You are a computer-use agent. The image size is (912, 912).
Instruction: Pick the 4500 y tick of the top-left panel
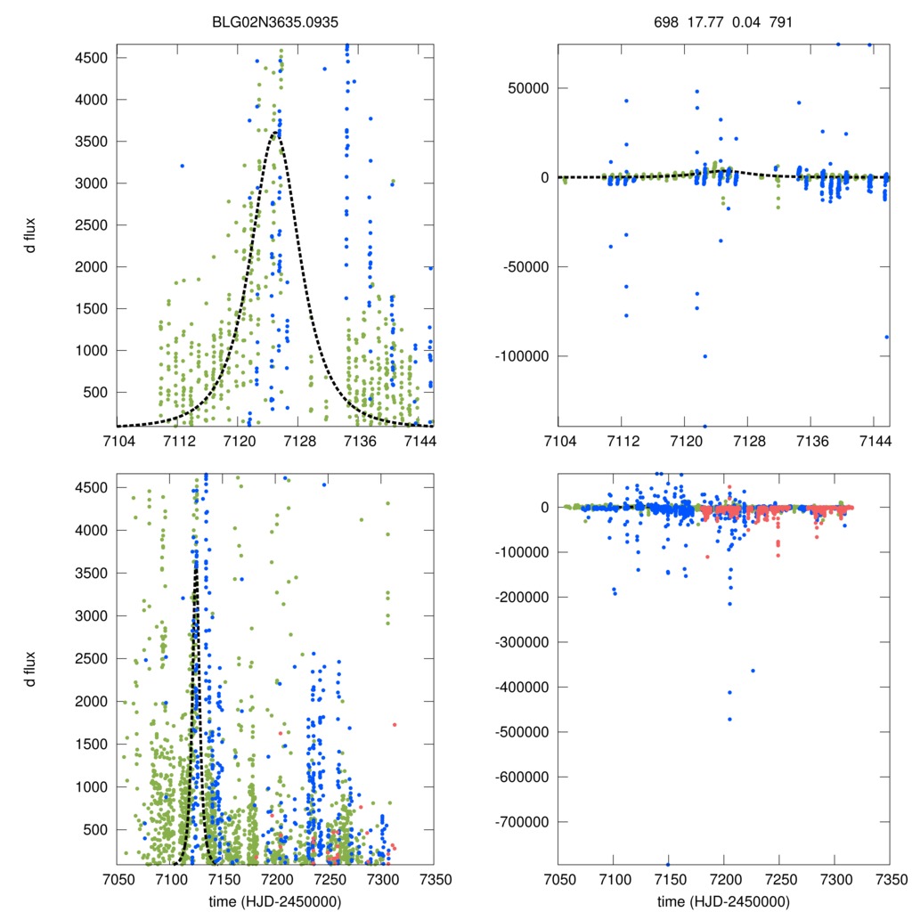click(94, 58)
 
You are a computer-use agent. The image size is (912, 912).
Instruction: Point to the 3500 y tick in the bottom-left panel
click(94, 573)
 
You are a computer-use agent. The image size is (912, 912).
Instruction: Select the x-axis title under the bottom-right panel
click(723, 900)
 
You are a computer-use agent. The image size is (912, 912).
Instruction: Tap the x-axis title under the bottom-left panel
click(275, 900)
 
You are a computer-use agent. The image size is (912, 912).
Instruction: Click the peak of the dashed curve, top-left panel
click(276, 134)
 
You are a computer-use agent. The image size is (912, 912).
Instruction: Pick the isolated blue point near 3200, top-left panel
click(183, 166)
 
